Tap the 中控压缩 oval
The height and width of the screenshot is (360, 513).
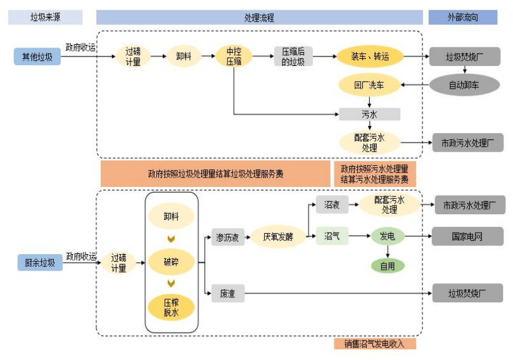click(x=234, y=56)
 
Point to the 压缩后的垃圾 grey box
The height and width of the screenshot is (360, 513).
click(x=293, y=56)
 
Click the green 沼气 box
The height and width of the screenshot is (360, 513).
click(x=332, y=236)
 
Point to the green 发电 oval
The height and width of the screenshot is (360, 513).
click(x=387, y=236)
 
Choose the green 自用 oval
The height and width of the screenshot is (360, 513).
click(x=387, y=266)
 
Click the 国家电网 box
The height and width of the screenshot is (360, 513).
click(x=467, y=236)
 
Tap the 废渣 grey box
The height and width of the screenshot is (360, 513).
click(x=227, y=293)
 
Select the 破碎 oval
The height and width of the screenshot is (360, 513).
click(x=171, y=260)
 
